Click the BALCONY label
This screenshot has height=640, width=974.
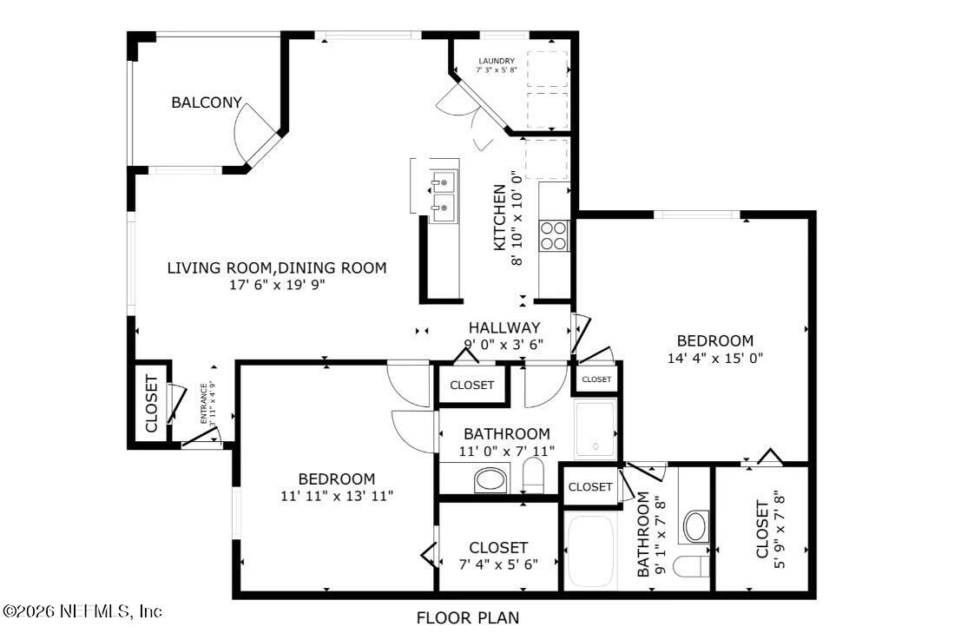pyautogui.click(x=206, y=102)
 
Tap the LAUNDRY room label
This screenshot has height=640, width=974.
pyautogui.click(x=496, y=61)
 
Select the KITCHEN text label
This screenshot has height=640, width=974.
pyautogui.click(x=500, y=217)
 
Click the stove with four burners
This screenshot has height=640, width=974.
pyautogui.click(x=554, y=234)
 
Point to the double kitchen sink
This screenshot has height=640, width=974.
pyautogui.click(x=444, y=194)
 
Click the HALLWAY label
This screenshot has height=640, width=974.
pyautogui.click(x=504, y=327)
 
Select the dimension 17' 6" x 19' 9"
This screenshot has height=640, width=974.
pyautogui.click(x=276, y=284)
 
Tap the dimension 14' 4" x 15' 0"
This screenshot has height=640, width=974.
pyautogui.click(x=715, y=357)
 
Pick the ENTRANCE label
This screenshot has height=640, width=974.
pyautogui.click(x=205, y=403)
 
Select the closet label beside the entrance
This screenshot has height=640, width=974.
pyautogui.click(x=151, y=404)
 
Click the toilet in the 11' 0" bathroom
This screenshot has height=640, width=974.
pyautogui.click(x=533, y=476)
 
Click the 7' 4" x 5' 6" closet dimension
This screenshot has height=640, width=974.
pyautogui.click(x=498, y=563)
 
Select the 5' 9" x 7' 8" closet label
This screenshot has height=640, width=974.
pyautogui.click(x=761, y=530)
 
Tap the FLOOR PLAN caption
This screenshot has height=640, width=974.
pyautogui.click(x=468, y=618)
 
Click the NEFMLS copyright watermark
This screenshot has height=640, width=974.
pyautogui.click(x=82, y=611)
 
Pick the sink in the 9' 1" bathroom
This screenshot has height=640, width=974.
pyautogui.click(x=695, y=526)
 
